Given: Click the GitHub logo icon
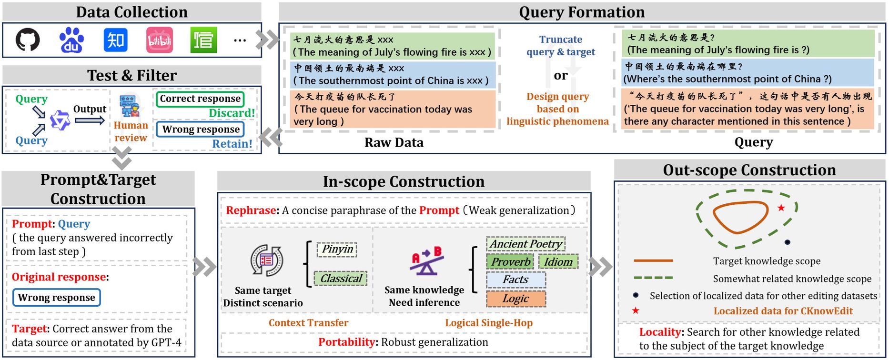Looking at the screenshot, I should point(28,40).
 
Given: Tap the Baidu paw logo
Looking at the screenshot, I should point(71,40).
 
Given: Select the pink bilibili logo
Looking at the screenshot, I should point(160,40).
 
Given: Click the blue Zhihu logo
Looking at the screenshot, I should point(116,40).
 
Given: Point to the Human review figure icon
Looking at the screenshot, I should point(130,106).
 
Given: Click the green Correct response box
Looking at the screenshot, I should point(200,99).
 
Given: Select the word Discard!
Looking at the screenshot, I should point(232,113).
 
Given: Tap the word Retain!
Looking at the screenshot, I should point(232,144).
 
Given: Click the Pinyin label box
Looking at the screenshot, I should point(337,249).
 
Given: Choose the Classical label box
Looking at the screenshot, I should point(341,279).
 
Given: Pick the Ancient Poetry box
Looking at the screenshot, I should point(525,244).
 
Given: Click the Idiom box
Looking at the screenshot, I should point(558,262).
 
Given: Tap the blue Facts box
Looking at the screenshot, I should point(515,280).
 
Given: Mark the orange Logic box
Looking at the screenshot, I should point(515,299).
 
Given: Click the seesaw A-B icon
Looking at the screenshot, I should point(426,261).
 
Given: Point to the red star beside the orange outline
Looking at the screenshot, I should point(781,208).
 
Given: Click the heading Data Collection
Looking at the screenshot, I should point(131,12).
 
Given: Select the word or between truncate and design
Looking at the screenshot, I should point(561,75).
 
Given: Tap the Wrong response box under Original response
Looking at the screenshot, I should point(57,298).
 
